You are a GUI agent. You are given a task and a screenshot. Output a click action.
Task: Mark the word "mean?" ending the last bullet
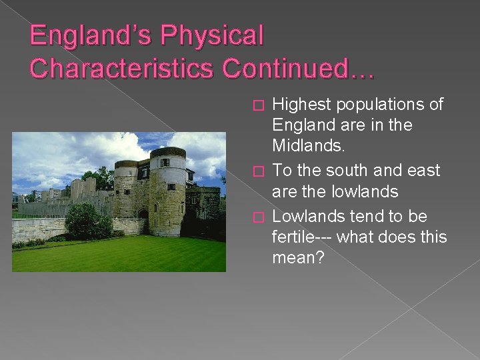pos(298,257)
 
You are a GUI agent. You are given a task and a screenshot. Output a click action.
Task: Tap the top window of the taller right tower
pos(164,163)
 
